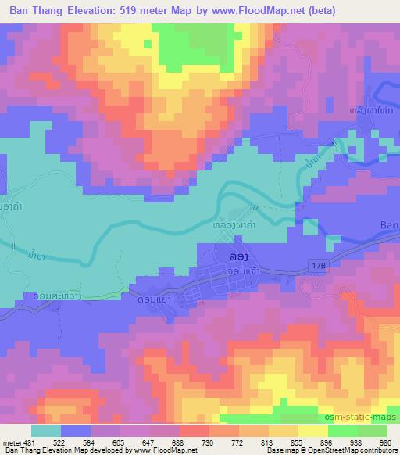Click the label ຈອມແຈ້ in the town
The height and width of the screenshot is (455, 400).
242,270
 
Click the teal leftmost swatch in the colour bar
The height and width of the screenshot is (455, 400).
46,431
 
